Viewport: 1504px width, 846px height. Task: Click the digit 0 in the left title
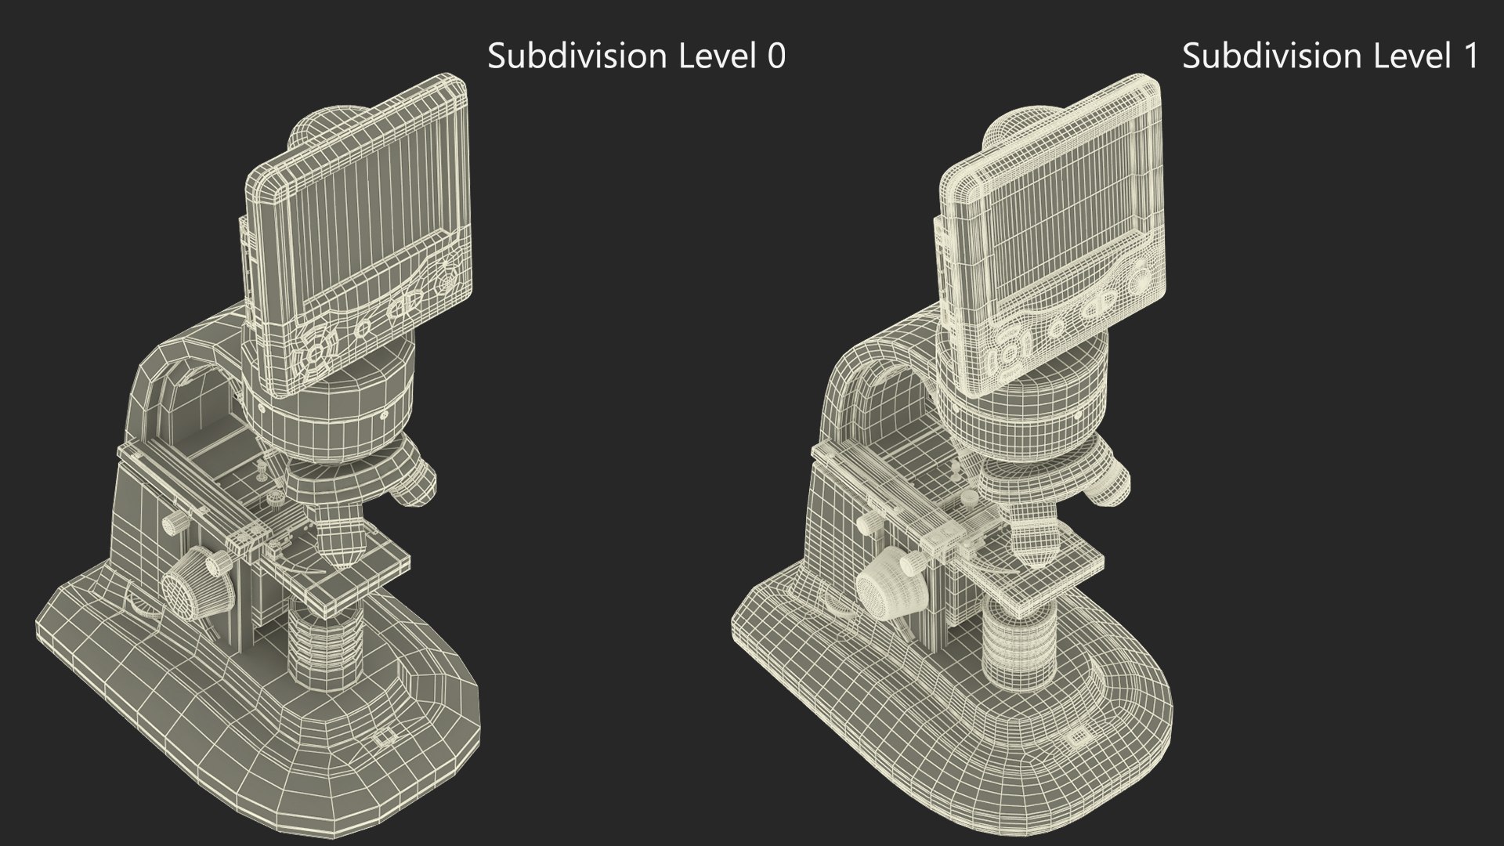pyautogui.click(x=775, y=56)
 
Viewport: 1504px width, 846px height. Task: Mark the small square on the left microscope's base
pyautogui.click(x=382, y=737)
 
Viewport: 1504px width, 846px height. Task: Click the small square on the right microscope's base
pyautogui.click(x=1078, y=736)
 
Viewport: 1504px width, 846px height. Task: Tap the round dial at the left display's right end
pyautogui.click(x=449, y=274)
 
